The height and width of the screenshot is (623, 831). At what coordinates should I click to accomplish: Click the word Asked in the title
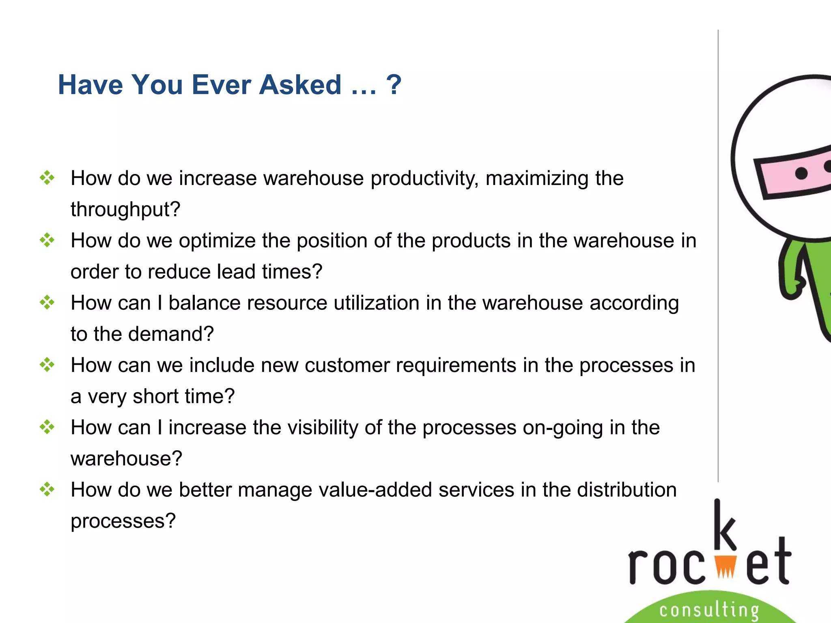300,85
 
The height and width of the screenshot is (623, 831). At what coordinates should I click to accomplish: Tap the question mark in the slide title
394,85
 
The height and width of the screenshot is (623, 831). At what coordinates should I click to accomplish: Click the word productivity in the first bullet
424,179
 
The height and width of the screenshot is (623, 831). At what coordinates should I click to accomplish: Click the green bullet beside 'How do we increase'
47,178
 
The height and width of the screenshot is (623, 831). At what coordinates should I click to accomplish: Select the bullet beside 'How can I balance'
47,303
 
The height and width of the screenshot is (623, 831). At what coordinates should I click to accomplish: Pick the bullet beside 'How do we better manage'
47,489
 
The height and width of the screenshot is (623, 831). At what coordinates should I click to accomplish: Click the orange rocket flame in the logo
725,566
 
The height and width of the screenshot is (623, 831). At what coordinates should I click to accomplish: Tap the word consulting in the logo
709,610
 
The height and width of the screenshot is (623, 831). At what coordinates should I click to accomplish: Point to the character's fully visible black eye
801,173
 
